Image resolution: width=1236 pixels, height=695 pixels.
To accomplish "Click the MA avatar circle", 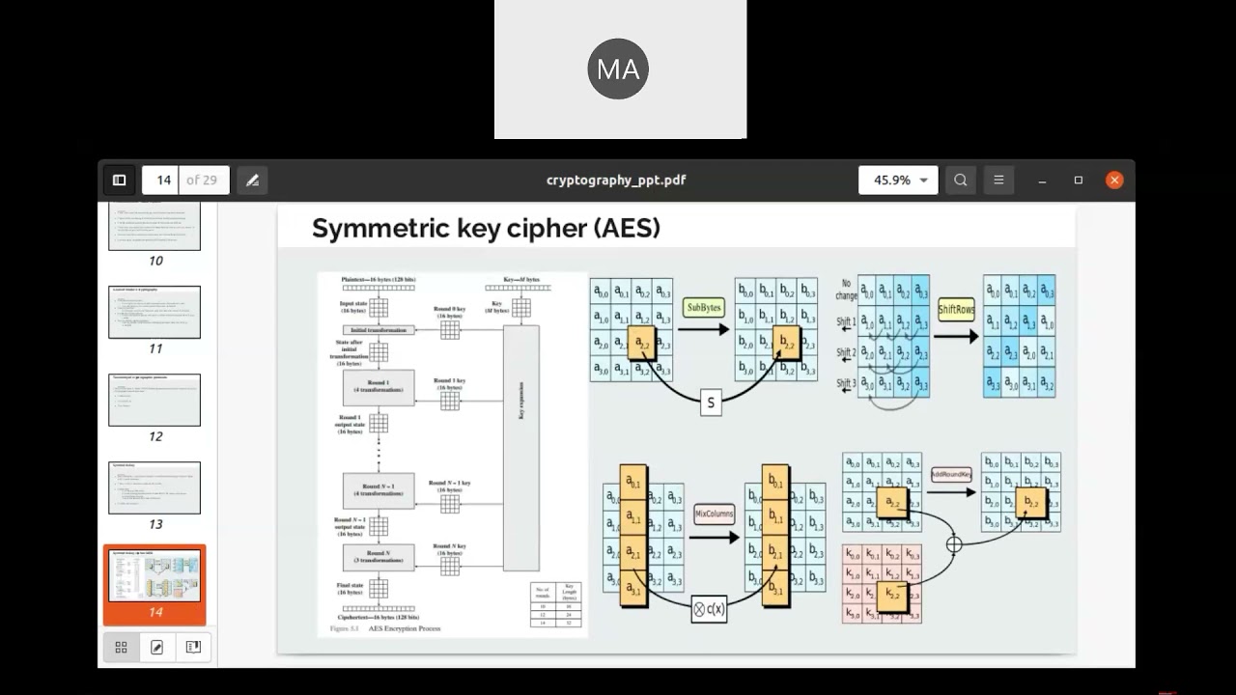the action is (618, 69).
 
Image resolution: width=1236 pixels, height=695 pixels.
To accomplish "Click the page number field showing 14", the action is (163, 180).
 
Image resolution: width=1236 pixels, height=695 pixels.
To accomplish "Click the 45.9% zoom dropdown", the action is (898, 180).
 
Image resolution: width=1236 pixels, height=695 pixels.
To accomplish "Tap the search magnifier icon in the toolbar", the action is (960, 180).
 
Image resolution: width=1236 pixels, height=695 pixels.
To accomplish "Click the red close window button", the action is (1114, 180).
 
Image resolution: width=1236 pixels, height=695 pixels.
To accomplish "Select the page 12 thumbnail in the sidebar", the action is (154, 400).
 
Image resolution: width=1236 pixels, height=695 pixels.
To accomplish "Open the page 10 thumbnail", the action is (154, 228).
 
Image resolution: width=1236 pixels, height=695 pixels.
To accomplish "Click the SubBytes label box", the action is (703, 308).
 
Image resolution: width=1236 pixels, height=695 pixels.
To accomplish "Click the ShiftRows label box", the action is (956, 310).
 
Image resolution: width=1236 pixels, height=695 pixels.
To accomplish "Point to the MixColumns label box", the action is (715, 514).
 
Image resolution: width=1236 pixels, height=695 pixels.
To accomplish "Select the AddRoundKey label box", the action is (951, 475).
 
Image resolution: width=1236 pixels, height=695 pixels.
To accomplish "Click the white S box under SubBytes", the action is (711, 403).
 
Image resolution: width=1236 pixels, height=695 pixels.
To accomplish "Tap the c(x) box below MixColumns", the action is (709, 609).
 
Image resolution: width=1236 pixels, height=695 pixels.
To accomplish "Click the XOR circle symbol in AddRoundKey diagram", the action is (954, 544).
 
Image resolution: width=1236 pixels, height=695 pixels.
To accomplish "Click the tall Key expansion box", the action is (521, 448).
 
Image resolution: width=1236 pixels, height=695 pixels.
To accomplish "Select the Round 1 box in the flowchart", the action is (379, 386).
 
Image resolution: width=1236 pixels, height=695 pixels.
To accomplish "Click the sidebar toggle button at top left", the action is (119, 180).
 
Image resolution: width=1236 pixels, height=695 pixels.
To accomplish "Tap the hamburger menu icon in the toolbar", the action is (998, 180).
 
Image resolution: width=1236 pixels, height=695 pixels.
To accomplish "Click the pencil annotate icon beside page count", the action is (252, 180).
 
